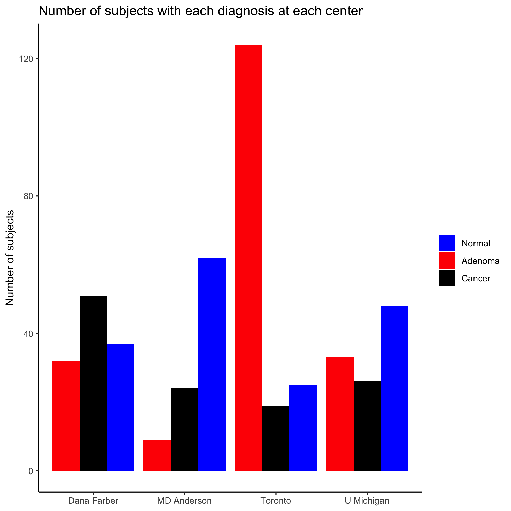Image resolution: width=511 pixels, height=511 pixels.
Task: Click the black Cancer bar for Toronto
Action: pos(276,438)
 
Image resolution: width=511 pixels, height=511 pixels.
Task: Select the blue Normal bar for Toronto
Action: pos(303,428)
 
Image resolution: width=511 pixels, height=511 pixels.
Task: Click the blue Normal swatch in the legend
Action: pos(447,243)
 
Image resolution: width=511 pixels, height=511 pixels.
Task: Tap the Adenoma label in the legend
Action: pos(480,261)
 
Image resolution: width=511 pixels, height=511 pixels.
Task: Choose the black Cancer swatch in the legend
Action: pos(447,278)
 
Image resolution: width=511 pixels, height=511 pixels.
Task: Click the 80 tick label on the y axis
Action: pos(28,196)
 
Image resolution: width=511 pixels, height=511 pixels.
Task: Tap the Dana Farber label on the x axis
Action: pos(93,501)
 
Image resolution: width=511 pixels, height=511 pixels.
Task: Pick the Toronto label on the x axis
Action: pos(276,501)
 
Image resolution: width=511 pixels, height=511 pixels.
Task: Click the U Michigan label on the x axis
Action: pos(367,501)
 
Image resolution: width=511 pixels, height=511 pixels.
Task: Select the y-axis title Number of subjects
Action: pos(10,258)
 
